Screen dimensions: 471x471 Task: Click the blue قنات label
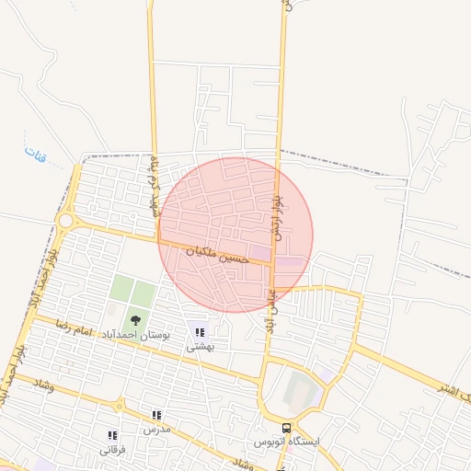[34, 151]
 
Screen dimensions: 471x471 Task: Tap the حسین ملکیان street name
[218, 255]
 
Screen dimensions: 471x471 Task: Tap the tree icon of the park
[135, 320]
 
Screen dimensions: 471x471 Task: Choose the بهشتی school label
[200, 347]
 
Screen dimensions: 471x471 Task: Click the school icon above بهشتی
[200, 332]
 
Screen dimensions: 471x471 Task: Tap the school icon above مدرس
[156, 416]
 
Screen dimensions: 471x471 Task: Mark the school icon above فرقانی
[112, 436]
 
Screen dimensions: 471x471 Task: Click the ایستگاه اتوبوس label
[288, 442]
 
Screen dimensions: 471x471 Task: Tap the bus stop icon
[287, 428]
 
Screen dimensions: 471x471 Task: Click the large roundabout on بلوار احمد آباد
[65, 221]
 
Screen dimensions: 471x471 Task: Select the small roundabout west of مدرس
[118, 405]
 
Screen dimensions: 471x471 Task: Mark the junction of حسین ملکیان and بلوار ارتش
[272, 264]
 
